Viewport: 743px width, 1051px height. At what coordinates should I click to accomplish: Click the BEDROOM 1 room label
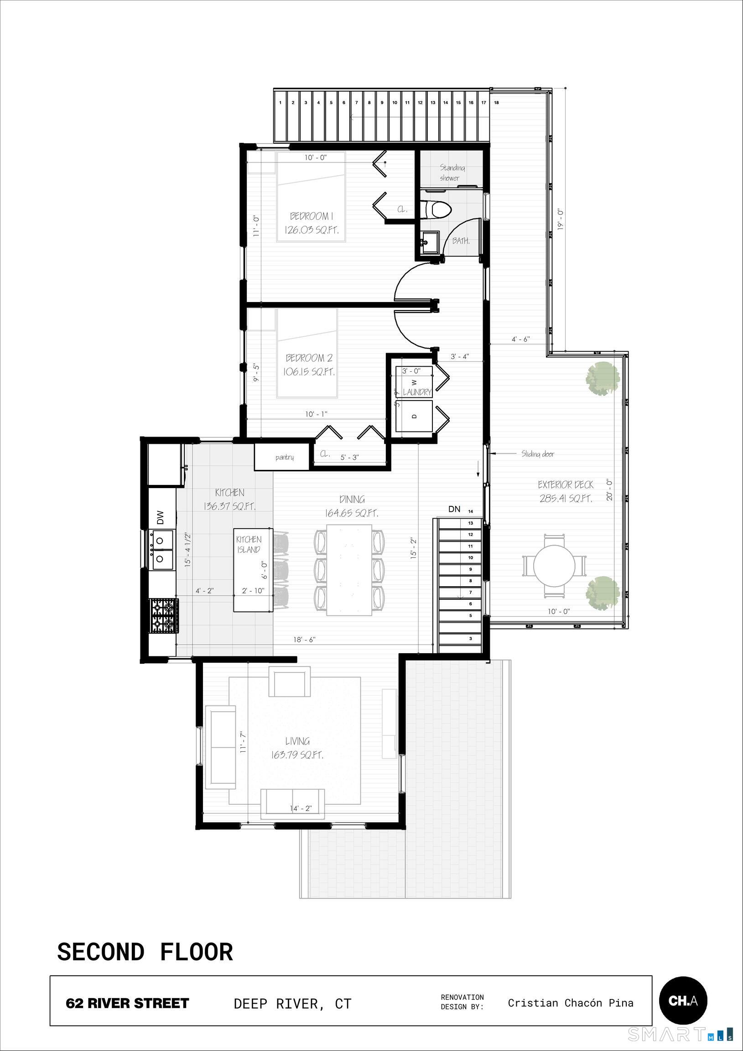[x=312, y=216]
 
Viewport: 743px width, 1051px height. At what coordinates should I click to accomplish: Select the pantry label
[x=284, y=457]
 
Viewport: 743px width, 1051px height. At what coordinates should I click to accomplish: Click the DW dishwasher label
[x=160, y=517]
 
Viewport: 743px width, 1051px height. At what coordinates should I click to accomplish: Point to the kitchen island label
[x=249, y=544]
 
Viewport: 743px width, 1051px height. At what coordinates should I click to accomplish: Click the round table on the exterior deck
[x=554, y=565]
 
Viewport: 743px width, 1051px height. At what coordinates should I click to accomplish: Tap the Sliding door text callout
[x=537, y=454]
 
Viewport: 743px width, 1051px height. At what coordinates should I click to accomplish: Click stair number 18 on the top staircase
[x=496, y=103]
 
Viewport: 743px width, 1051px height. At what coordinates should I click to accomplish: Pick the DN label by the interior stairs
[x=454, y=509]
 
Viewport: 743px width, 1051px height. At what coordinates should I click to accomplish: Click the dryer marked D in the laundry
[x=414, y=416]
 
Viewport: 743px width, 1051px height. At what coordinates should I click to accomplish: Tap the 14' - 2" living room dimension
[x=301, y=808]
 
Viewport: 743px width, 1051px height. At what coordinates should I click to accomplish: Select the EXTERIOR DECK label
[x=566, y=485]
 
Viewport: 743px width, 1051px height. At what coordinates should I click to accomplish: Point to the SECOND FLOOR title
[x=145, y=952]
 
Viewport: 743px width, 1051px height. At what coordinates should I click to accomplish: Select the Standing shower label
[x=452, y=172]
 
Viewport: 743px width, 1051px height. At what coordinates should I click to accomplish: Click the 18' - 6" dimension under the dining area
[x=304, y=640]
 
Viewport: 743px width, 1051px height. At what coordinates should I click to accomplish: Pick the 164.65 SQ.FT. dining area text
[x=352, y=513]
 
